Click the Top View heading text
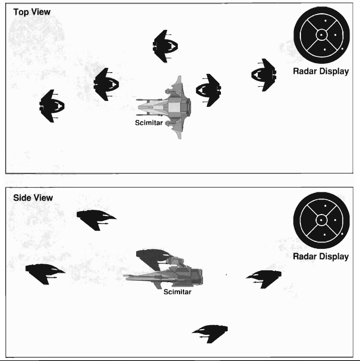(32, 12)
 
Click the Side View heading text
(33, 198)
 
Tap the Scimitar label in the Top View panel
(149, 123)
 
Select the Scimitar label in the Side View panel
(177, 292)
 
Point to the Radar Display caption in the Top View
(321, 71)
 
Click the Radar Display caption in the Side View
(321, 256)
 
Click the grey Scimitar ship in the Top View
(164, 107)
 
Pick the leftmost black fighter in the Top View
(52, 106)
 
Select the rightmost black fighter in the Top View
(264, 75)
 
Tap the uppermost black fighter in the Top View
(165, 46)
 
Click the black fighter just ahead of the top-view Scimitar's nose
(208, 90)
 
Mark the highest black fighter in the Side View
(96, 220)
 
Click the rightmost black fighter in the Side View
(264, 279)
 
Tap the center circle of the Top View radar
(321, 35)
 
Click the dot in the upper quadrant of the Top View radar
(325, 21)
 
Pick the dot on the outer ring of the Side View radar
(342, 234)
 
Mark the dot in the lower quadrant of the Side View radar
(325, 235)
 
